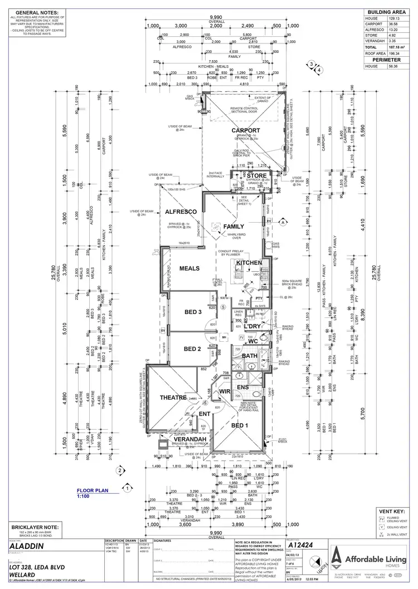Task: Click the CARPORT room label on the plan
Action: pyautogui.click(x=246, y=130)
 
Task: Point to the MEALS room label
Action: pyautogui.click(x=189, y=268)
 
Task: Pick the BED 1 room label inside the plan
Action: pyautogui.click(x=239, y=425)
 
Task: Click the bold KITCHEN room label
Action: pyautogui.click(x=249, y=262)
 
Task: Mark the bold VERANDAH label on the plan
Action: pyautogui.click(x=190, y=439)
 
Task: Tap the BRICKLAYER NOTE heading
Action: pyautogui.click(x=33, y=526)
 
